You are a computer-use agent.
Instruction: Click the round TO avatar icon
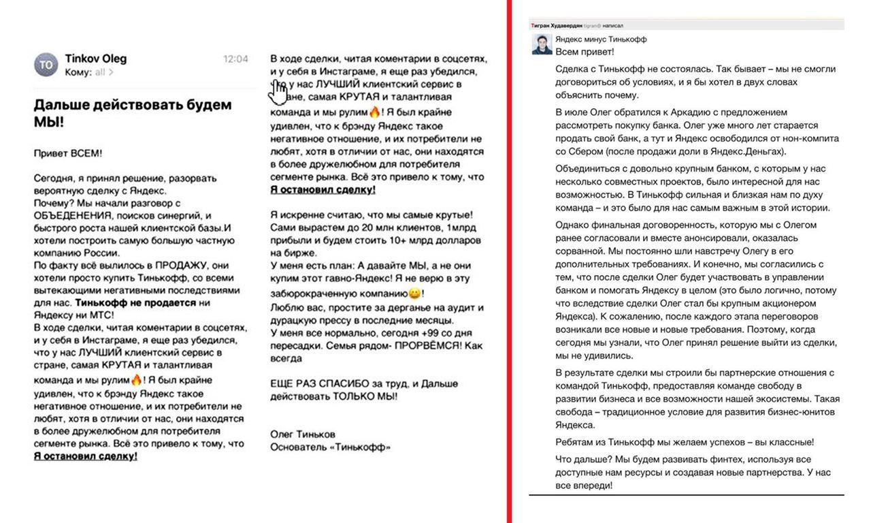(x=46, y=65)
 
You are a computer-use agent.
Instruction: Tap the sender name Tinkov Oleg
(x=96, y=59)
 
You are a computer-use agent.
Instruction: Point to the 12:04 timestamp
(x=235, y=59)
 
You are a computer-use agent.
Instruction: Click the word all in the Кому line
(x=100, y=72)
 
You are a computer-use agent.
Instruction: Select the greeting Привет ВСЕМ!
(x=68, y=153)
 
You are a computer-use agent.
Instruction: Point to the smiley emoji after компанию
(x=414, y=294)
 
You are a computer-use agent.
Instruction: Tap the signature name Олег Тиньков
(x=303, y=434)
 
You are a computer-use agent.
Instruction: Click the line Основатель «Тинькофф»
(x=330, y=447)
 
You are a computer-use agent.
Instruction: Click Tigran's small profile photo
(x=542, y=44)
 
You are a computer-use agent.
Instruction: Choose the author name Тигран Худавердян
(x=556, y=25)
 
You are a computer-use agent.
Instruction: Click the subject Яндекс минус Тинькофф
(x=601, y=39)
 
